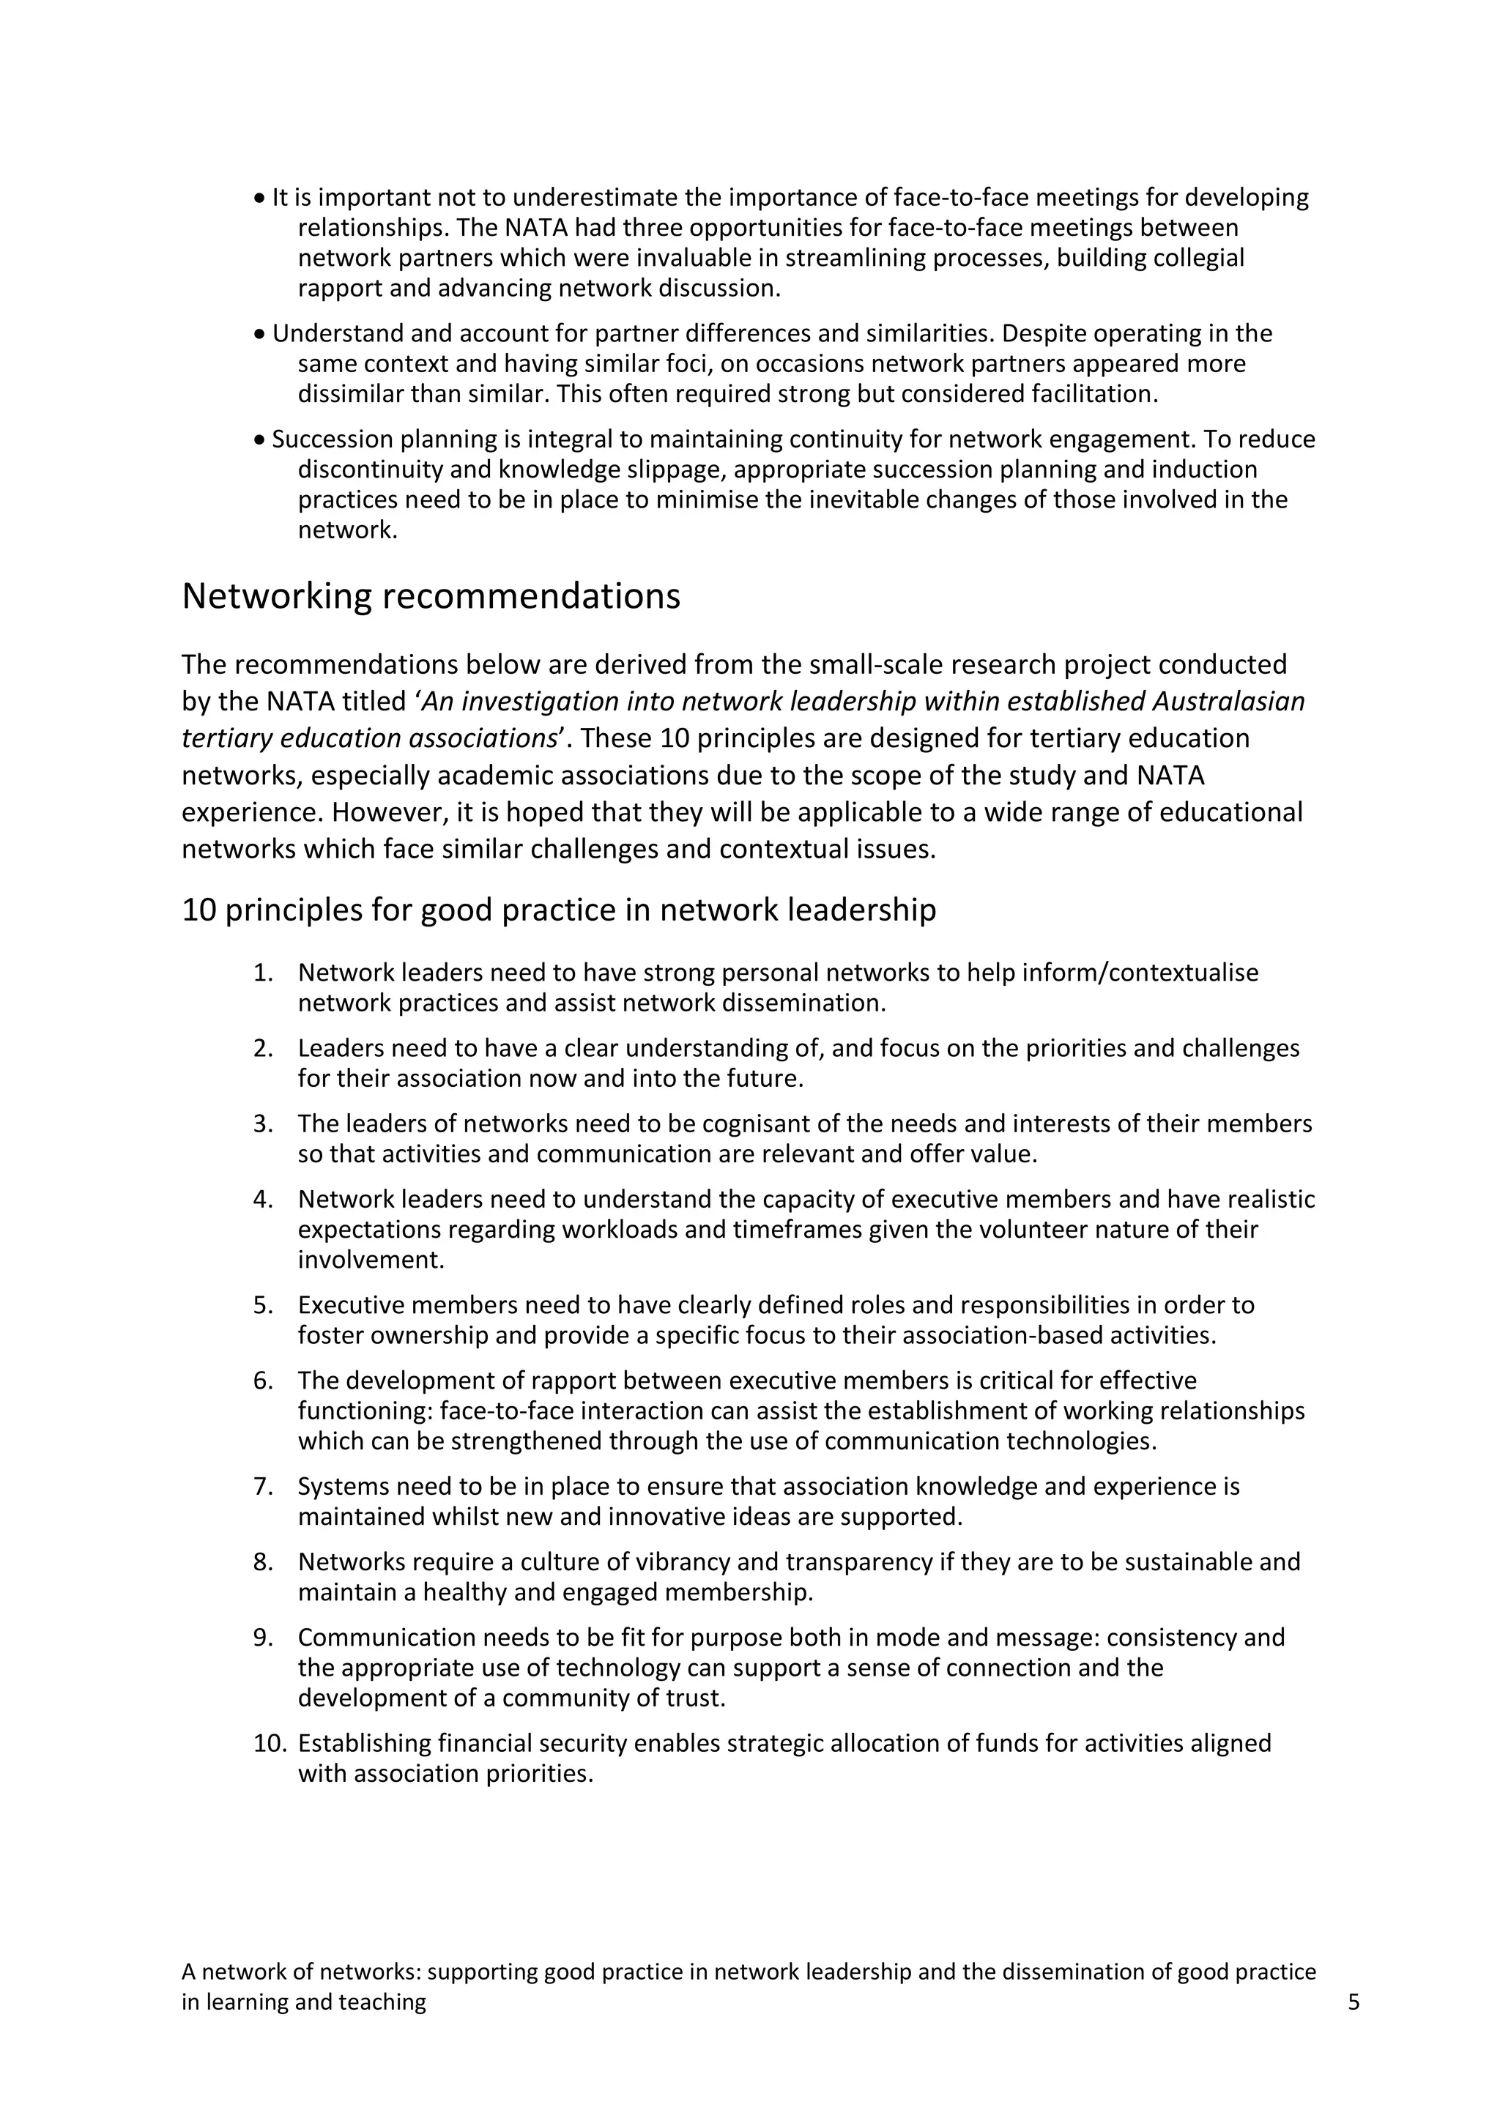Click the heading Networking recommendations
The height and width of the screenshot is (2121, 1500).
tap(431, 597)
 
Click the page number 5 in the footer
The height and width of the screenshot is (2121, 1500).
tap(1354, 2002)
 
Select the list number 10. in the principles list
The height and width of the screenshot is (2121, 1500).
tap(270, 1743)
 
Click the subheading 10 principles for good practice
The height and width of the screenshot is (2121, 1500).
tap(559, 910)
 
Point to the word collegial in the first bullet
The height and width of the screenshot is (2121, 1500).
tap(1198, 258)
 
